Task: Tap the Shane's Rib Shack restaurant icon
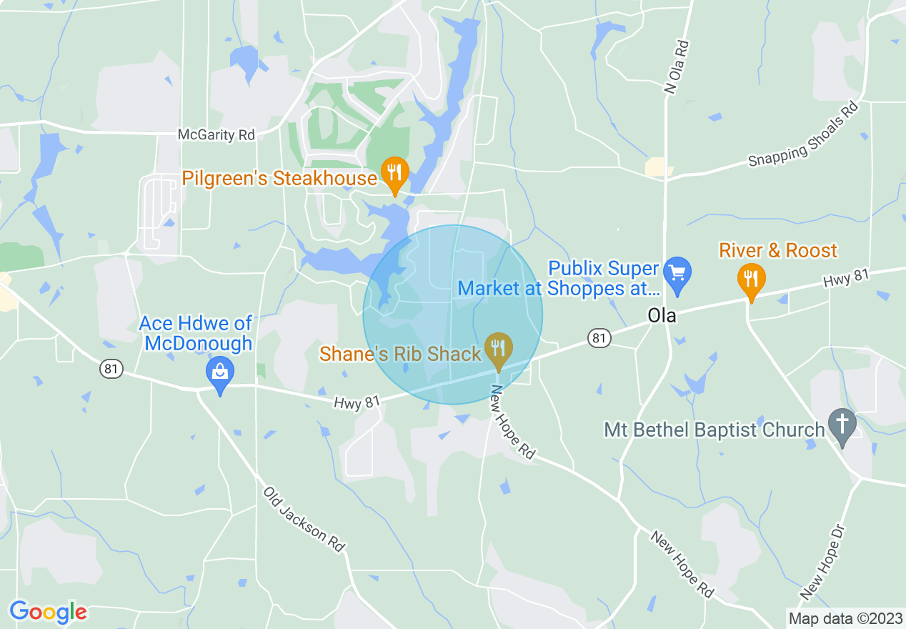pyautogui.click(x=498, y=350)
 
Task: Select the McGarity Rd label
pyautogui.click(x=216, y=134)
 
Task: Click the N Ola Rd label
pyautogui.click(x=677, y=66)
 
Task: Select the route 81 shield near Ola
pyautogui.click(x=599, y=337)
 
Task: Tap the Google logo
pyautogui.click(x=48, y=612)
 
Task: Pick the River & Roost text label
pyautogui.click(x=777, y=251)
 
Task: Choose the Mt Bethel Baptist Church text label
pyautogui.click(x=715, y=430)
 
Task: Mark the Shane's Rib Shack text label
pyautogui.click(x=400, y=354)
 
